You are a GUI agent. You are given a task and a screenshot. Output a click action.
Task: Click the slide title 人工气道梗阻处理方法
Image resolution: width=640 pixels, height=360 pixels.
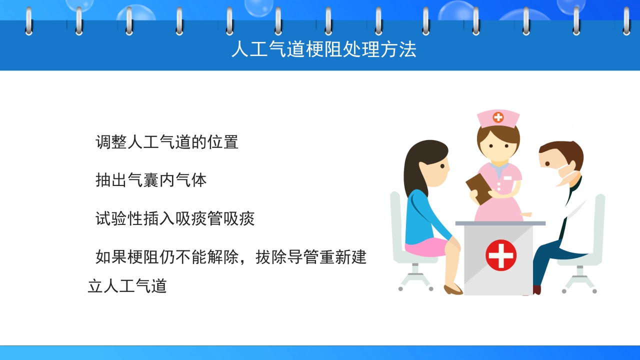(323, 50)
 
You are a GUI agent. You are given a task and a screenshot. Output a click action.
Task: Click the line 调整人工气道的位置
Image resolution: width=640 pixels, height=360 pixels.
(167, 142)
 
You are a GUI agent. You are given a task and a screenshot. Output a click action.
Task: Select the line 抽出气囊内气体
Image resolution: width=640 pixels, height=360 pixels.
(151, 180)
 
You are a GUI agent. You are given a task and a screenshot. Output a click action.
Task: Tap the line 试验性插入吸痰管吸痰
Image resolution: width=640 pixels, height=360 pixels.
(175, 218)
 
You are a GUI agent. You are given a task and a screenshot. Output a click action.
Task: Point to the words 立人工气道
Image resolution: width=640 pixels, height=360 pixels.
(127, 286)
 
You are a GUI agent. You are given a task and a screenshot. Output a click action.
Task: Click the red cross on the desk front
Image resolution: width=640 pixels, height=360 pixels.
(500, 255)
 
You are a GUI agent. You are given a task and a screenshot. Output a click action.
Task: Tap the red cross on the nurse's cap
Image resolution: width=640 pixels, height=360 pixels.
(498, 117)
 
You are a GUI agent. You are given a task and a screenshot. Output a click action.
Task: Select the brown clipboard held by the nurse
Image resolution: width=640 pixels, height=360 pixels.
(478, 188)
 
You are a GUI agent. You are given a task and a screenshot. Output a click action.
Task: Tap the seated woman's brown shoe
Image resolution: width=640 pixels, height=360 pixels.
(453, 289)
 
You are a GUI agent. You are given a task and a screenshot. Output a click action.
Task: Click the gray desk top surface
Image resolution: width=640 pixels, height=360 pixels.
(500, 223)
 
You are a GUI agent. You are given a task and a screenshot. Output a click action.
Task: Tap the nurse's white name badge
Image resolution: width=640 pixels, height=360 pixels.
(508, 177)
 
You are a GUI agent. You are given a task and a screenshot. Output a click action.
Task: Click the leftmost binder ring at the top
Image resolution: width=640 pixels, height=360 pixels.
(28, 21)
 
